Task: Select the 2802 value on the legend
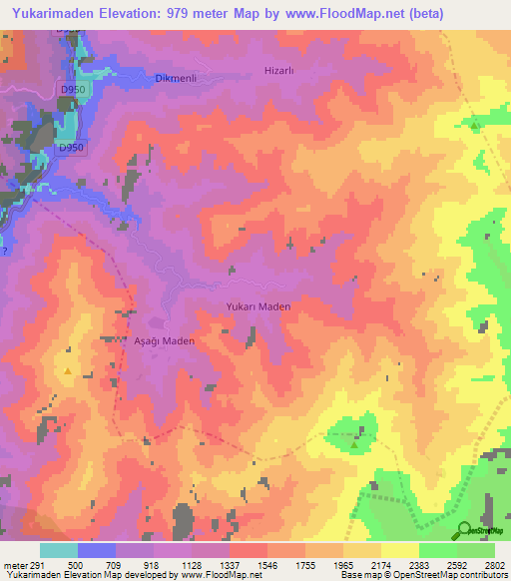(x=495, y=564)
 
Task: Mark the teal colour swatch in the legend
(x=58, y=550)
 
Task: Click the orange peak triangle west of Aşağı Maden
(x=68, y=371)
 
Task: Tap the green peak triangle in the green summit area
(x=354, y=445)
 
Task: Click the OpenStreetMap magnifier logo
(x=465, y=530)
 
